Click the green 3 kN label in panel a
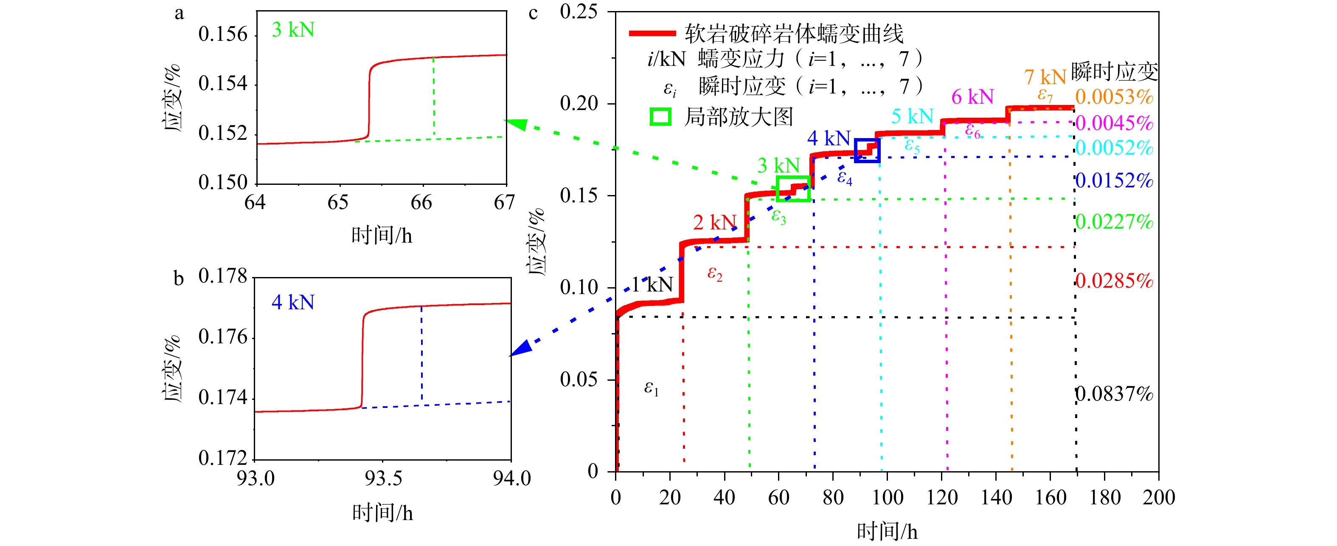coord(293,30)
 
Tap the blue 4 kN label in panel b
coord(293,303)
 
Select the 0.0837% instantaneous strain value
coord(1114,394)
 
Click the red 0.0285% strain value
coord(1114,281)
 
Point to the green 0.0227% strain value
coord(1114,222)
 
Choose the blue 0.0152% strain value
coord(1114,181)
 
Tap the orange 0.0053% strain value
coord(1114,97)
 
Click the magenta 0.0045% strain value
coord(1114,123)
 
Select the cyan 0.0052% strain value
coord(1114,148)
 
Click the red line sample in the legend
coord(652,33)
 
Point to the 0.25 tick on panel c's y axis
coord(579,11)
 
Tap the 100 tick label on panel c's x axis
coord(887,498)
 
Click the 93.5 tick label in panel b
coord(383,478)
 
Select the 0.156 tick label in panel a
coord(223,34)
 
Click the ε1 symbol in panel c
coord(651,388)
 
